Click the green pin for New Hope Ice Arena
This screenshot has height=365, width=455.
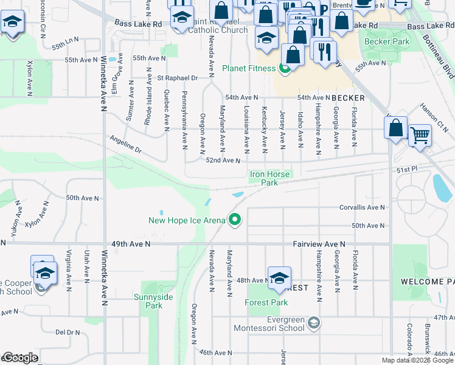(234, 220)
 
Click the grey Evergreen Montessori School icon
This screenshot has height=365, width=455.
(313, 322)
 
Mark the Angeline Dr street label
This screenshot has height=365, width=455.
(125, 145)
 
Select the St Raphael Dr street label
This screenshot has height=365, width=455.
(178, 78)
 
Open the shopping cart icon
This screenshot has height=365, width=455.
(420, 135)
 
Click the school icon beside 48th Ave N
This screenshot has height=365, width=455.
(279, 277)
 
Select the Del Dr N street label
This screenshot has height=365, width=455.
(68, 332)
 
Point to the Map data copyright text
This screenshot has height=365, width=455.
(417, 360)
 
